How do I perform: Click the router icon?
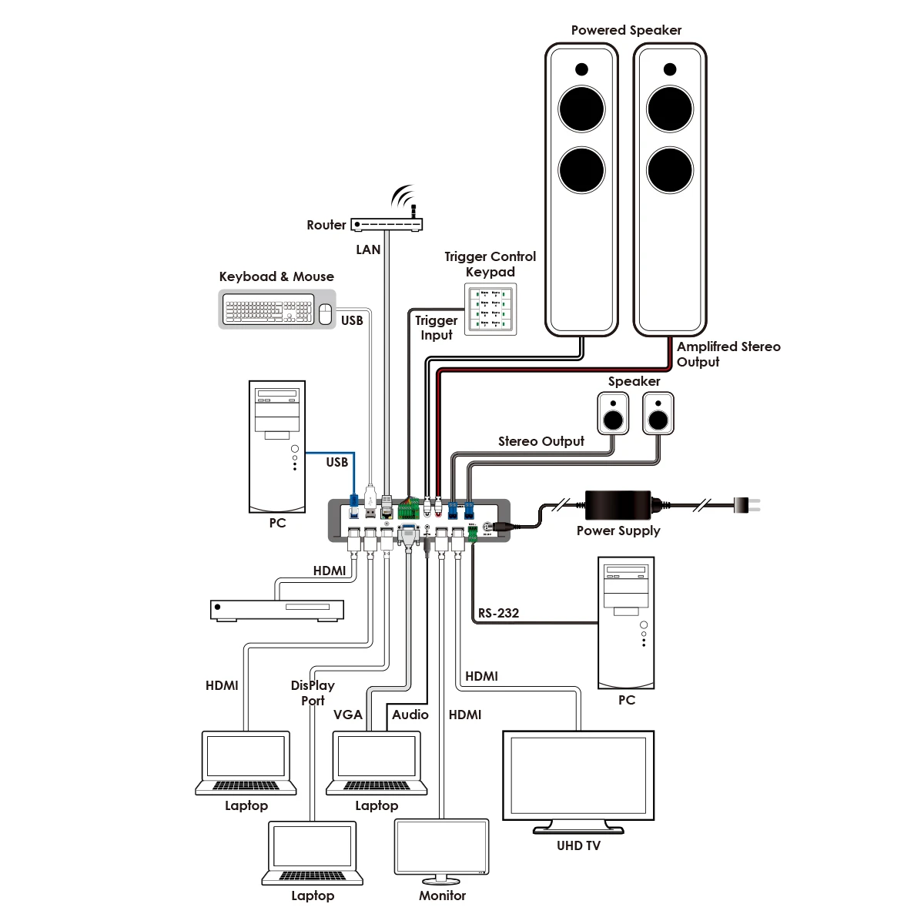[x=387, y=225]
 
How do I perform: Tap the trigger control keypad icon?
[x=490, y=310]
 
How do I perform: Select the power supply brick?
[x=618, y=505]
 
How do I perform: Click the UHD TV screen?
[x=578, y=779]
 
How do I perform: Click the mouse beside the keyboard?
[x=325, y=312]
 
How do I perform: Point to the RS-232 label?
[x=498, y=613]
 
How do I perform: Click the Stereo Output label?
[x=541, y=441]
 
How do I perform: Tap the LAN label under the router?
[x=368, y=249]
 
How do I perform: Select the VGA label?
[x=347, y=715]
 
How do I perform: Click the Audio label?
[x=410, y=715]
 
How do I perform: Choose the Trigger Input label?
[x=437, y=327]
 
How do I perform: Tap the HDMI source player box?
[x=277, y=609]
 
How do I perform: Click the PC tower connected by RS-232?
[x=626, y=623]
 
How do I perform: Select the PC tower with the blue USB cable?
[x=277, y=447]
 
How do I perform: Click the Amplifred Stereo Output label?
[x=728, y=354]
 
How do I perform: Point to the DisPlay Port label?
[x=313, y=693]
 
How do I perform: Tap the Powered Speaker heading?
[x=626, y=30]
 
